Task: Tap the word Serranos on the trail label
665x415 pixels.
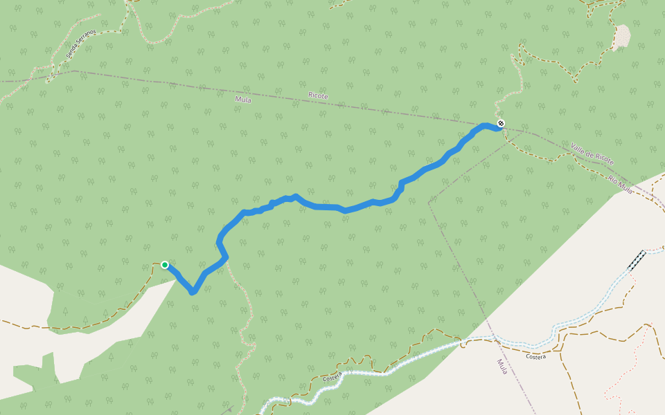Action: point(85,45)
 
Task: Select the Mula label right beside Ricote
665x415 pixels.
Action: point(243,100)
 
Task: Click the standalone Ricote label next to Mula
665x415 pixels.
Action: point(318,96)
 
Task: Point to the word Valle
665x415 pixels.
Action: point(579,147)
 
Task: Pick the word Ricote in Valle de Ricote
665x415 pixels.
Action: point(604,160)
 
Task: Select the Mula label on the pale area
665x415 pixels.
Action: point(502,367)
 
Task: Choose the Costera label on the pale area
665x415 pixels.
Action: point(535,357)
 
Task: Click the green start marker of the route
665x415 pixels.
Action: point(165,264)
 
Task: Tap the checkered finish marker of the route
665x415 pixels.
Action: point(501,124)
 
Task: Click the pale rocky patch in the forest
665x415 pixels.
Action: point(621,37)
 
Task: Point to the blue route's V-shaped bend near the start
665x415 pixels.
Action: point(193,291)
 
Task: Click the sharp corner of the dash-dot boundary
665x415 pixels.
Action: point(429,203)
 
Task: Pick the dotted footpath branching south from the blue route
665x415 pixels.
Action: point(239,304)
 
